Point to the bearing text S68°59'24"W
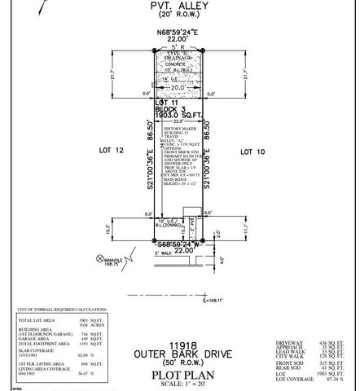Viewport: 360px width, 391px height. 179,244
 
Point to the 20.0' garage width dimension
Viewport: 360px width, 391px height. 178,85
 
